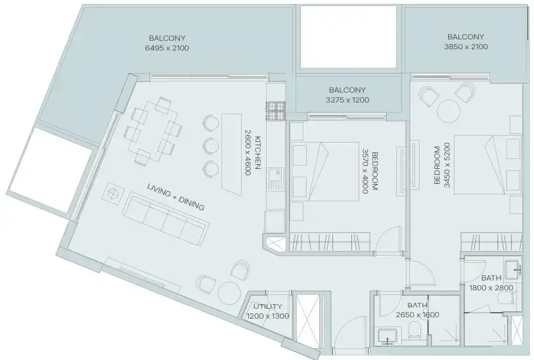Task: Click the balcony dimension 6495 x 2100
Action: coord(167,48)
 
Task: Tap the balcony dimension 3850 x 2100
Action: coord(466,47)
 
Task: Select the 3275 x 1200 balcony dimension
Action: coord(347,100)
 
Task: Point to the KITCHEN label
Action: coord(258,152)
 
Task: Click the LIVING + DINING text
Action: coord(176,197)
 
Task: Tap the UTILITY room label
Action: coord(268,307)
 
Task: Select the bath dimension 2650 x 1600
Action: coord(418,315)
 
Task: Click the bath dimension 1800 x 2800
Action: coord(491,288)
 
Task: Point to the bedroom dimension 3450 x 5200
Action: coord(447,165)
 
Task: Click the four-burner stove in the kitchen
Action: coord(275,112)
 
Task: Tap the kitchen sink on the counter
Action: coord(275,179)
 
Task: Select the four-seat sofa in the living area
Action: coord(166,218)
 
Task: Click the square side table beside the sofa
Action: coord(112,193)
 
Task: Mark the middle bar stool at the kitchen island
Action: coord(211,145)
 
